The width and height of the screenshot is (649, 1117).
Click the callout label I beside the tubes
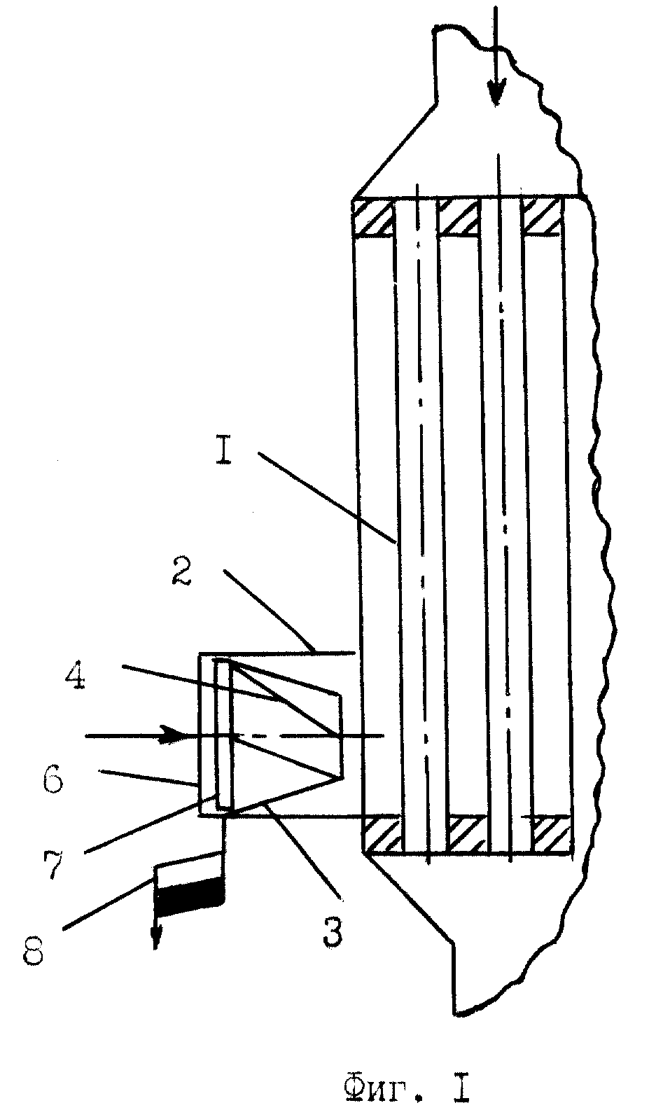(224, 453)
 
